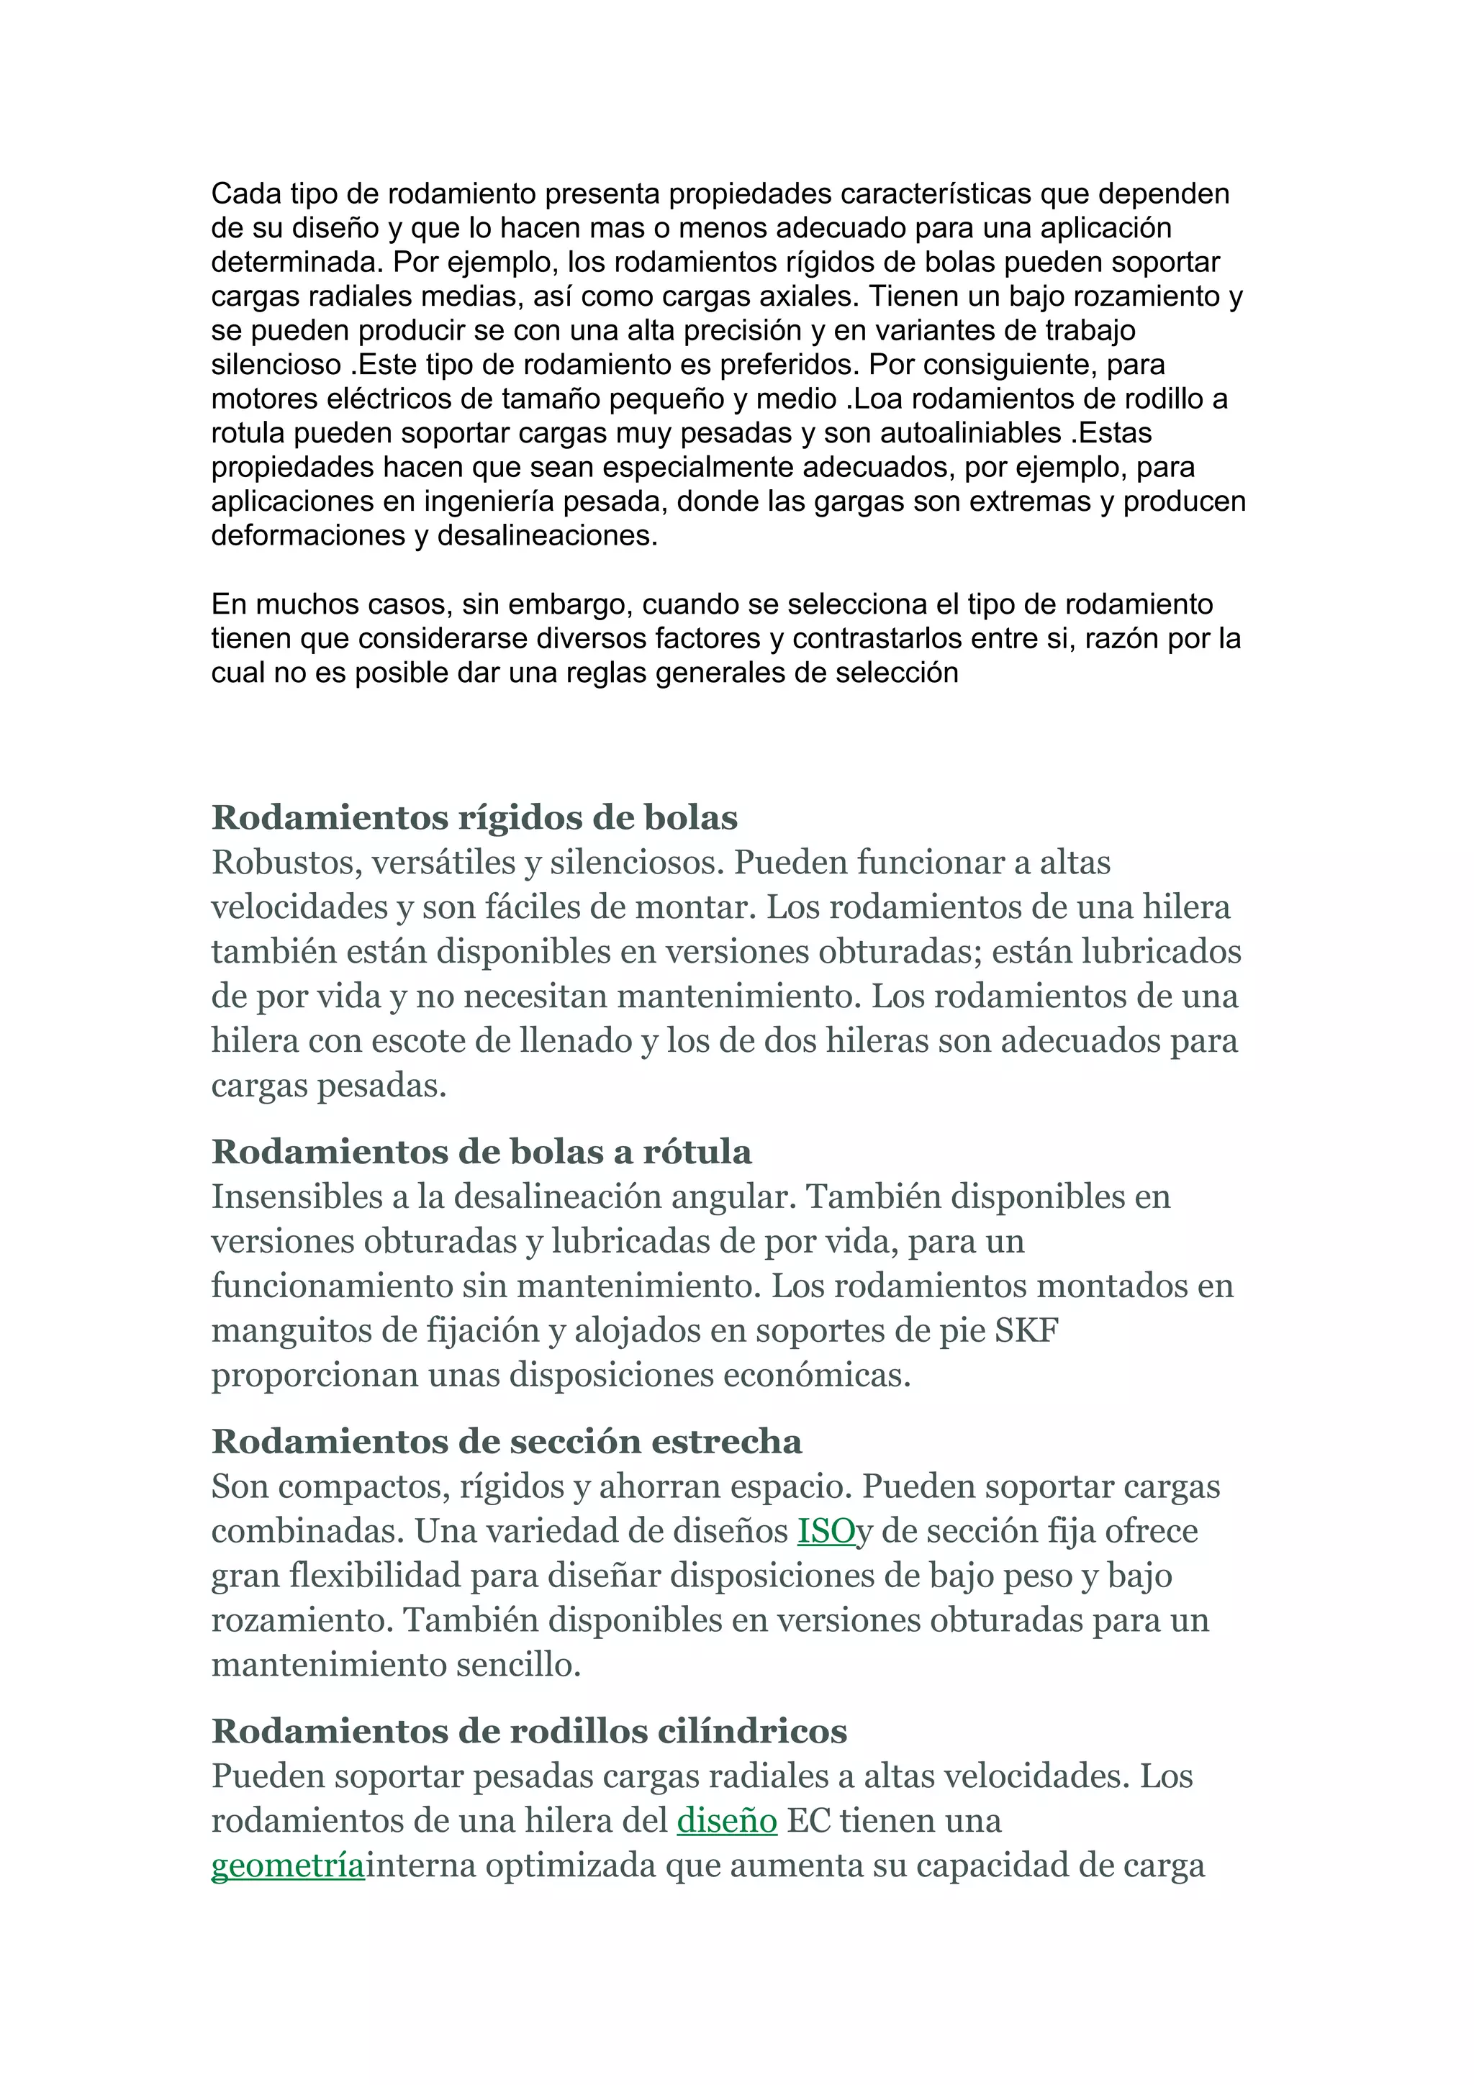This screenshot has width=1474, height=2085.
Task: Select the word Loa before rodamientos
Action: coord(874,399)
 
